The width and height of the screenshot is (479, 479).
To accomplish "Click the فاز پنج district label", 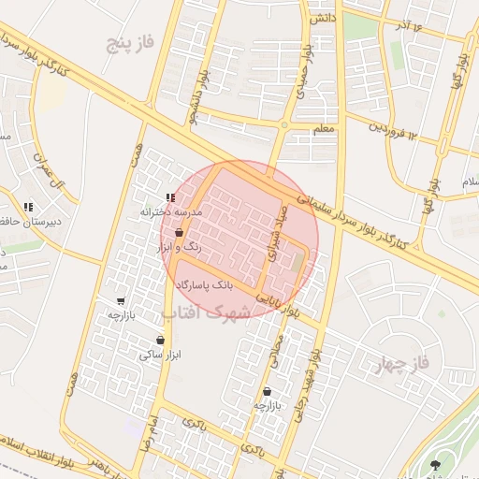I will [x=128, y=43].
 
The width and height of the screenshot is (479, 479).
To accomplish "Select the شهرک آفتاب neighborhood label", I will [x=207, y=311].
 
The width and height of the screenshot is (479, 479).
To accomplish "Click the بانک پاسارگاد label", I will [x=216, y=282].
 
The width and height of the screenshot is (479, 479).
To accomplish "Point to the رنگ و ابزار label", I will [x=179, y=248].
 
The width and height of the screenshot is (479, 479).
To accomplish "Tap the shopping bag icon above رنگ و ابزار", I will [x=179, y=233].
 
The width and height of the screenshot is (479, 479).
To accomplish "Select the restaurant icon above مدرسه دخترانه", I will [x=169, y=197].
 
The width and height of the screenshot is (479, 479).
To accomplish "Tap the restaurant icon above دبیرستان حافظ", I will [x=28, y=206].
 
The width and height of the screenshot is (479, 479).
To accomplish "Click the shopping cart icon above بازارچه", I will [x=121, y=301].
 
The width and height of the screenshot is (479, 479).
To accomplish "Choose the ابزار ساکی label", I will [x=161, y=355].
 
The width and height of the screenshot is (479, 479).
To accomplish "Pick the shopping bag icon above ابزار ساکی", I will [x=162, y=340].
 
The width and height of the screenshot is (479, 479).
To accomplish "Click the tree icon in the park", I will [x=434, y=464].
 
